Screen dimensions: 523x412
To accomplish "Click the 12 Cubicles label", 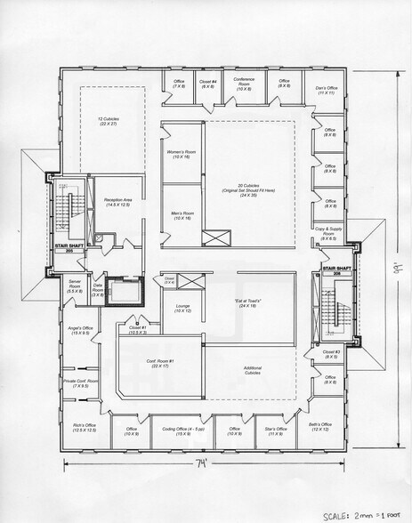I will (109, 120).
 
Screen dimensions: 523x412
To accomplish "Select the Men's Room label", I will (181, 215).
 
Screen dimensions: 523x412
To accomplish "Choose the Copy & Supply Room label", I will (329, 235).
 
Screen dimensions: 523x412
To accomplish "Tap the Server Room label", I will (75, 287).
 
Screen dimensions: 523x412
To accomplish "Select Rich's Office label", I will (85, 428).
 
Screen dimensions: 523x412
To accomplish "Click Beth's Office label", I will (319, 427).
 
